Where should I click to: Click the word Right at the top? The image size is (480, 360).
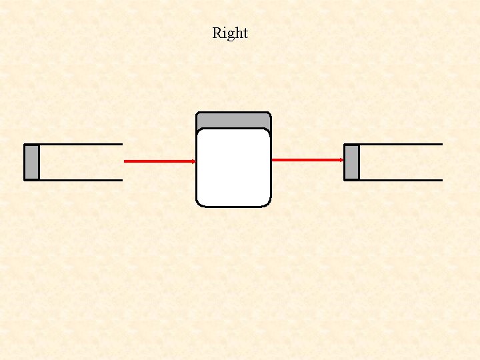[x=230, y=33]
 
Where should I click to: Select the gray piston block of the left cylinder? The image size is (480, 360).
[x=31, y=162]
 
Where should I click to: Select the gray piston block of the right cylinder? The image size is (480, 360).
[x=351, y=162]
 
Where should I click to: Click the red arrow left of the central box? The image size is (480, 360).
[x=159, y=161]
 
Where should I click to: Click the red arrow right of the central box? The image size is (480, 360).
[x=307, y=160]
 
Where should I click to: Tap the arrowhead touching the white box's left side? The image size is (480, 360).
[x=193, y=161]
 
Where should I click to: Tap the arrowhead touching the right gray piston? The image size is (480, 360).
[x=341, y=160]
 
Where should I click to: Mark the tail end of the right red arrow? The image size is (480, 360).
[x=273, y=160]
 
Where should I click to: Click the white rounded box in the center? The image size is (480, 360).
[x=233, y=167]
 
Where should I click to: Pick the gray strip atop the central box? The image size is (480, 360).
[x=233, y=120]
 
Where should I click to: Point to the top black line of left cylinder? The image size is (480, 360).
[x=80, y=144]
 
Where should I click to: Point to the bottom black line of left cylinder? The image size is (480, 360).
[x=80, y=180]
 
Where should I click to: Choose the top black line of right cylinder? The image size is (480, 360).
[x=400, y=144]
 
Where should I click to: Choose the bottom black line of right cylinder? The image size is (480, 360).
[x=400, y=180]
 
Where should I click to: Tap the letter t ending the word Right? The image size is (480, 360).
[x=245, y=33]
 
